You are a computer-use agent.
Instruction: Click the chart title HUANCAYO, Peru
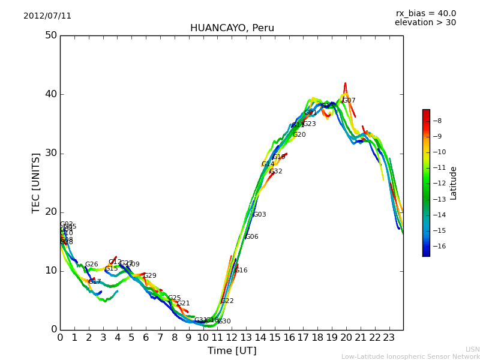tap(232, 28)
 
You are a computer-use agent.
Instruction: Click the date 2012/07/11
tap(47, 16)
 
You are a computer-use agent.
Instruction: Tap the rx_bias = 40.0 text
tap(425, 14)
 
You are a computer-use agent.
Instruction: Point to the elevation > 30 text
tap(425, 23)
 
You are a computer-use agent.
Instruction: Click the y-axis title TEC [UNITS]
tap(36, 182)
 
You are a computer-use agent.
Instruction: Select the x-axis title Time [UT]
tap(232, 350)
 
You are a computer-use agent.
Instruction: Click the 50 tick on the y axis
tap(50, 35)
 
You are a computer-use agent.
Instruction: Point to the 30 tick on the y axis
tap(50, 153)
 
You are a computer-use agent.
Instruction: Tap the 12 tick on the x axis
tap(232, 337)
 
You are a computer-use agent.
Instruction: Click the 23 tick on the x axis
tap(389, 337)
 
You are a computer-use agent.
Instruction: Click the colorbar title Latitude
tap(454, 183)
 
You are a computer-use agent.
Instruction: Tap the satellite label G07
tap(349, 101)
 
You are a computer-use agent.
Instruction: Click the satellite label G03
tap(260, 215)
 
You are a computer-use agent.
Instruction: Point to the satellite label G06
tap(252, 237)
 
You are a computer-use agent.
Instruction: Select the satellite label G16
tap(241, 271)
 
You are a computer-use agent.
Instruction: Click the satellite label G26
tap(91, 265)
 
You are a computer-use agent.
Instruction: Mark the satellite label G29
tap(150, 276)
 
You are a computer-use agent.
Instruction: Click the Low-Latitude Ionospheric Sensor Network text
tap(410, 356)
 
